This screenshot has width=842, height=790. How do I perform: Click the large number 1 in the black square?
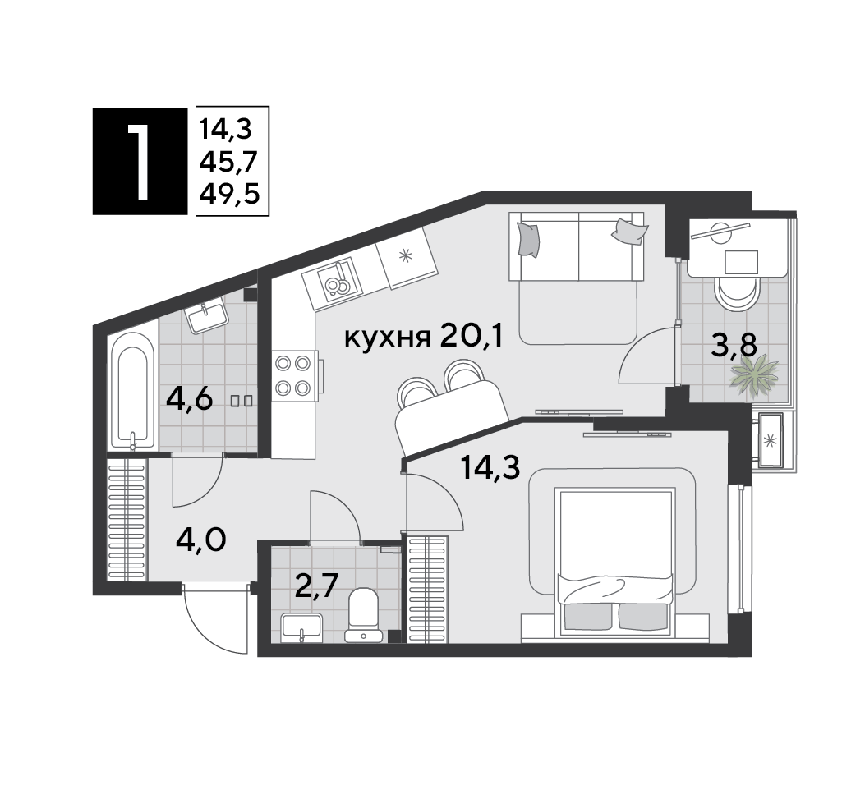click(x=139, y=162)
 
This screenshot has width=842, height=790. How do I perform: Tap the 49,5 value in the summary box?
click(x=229, y=193)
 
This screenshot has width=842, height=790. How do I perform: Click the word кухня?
click(x=387, y=338)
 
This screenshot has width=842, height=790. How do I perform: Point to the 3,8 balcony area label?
click(x=734, y=345)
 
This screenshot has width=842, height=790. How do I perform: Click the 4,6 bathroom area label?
click(x=190, y=399)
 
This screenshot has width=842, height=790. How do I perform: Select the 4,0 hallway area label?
click(x=200, y=540)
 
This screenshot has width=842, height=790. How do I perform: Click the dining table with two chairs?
click(x=450, y=406)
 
